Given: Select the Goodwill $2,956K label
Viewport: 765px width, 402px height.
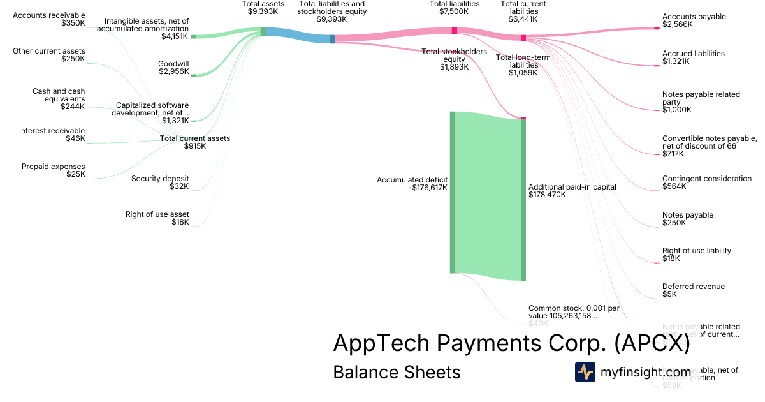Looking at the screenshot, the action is coord(173,67).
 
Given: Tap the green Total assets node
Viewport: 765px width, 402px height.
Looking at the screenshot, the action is coord(263,32).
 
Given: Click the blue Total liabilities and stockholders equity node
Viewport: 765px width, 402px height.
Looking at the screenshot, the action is coord(332,39).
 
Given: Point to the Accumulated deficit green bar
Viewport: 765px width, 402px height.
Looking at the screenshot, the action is coord(453,192).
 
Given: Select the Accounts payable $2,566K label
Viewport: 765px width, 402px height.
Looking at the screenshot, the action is coord(694,20).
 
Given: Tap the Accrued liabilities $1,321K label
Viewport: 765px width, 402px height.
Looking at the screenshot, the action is coord(693,57).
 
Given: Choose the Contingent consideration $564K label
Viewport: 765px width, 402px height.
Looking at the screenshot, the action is coord(706,182).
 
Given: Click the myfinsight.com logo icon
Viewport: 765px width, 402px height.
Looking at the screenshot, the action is coord(585,372).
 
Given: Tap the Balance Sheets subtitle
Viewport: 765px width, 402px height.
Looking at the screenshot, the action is coord(397,372).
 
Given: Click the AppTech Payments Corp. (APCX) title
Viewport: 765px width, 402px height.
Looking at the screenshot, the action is coord(511,344).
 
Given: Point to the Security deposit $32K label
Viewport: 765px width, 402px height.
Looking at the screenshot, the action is coord(160,182).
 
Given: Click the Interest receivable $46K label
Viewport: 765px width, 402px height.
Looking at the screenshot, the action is coord(52,135).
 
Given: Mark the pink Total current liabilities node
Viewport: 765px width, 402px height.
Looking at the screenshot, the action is coord(523,38).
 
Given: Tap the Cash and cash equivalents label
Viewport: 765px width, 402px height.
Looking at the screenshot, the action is coord(59,99).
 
